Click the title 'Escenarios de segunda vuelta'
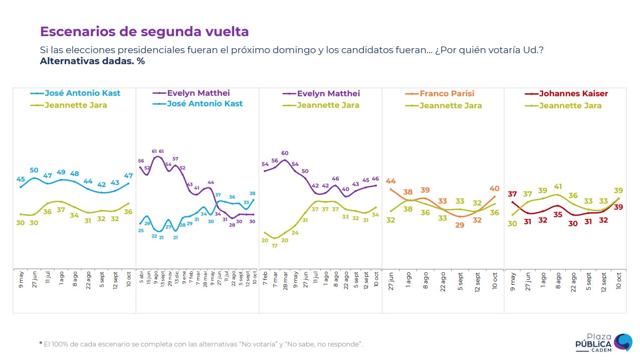[x=144, y=32]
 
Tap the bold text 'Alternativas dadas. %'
[x=92, y=61]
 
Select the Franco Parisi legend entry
[x=447, y=94]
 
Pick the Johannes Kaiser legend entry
[x=573, y=94]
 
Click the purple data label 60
[x=285, y=153]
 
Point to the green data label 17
[x=275, y=246]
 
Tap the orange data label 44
[x=391, y=182]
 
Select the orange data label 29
[x=460, y=225]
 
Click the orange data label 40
[x=495, y=189]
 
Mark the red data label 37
[x=512, y=195]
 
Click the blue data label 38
[x=253, y=194]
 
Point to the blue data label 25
[x=141, y=231]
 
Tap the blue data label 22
[x=154, y=236]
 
